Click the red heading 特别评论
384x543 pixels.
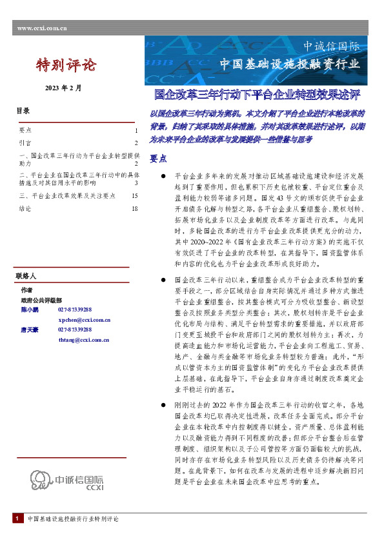click(x=65, y=65)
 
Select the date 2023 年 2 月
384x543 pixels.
click(x=63, y=88)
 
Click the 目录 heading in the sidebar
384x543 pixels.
click(x=23, y=111)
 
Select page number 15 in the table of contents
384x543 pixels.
click(x=134, y=195)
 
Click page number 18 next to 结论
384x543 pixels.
click(x=134, y=209)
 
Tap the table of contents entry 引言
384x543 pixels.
click(x=25, y=143)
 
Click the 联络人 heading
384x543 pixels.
click(x=26, y=276)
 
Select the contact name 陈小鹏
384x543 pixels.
click(x=29, y=310)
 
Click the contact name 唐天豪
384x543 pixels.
click(x=29, y=330)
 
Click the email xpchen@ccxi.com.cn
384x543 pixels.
click(x=83, y=320)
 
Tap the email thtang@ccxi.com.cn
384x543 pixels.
click(x=83, y=339)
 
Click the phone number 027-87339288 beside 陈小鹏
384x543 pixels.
click(x=75, y=310)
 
